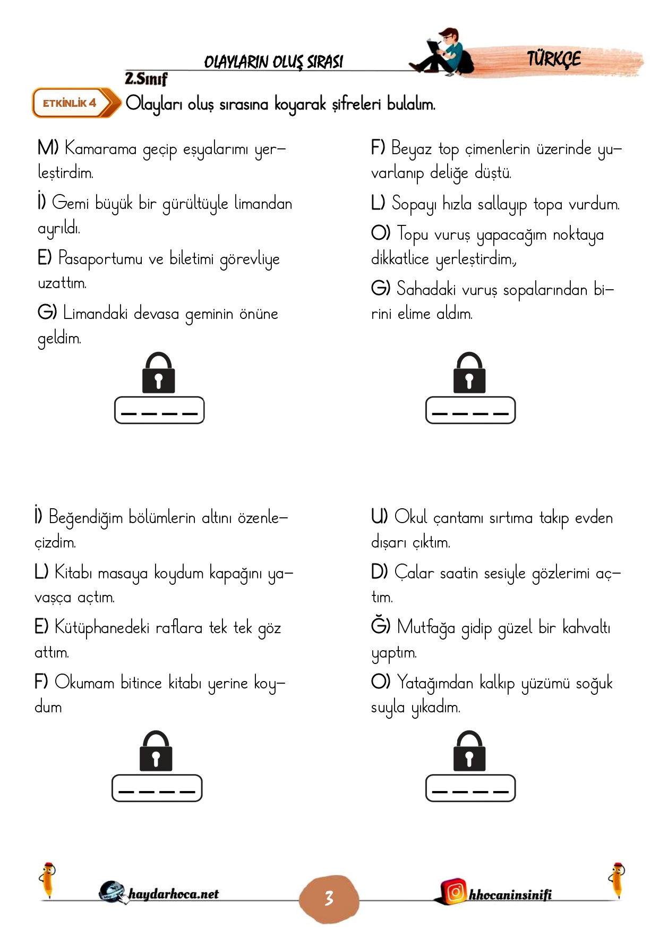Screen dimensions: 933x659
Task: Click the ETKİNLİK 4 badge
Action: tap(72, 103)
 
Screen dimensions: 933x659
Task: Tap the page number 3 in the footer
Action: tap(329, 898)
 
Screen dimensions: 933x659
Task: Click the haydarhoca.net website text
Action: tap(173, 894)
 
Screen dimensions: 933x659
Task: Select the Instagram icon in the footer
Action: tap(455, 892)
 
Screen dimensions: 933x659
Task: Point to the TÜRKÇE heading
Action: tap(554, 59)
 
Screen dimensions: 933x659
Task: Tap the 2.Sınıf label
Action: tap(146, 79)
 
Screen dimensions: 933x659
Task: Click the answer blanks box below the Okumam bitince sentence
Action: tap(157, 788)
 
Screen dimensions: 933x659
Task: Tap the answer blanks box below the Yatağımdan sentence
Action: tap(470, 788)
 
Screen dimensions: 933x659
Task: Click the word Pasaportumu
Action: tap(100, 259)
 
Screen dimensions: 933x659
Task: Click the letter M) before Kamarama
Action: tap(48, 148)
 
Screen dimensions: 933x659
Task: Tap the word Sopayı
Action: tap(413, 204)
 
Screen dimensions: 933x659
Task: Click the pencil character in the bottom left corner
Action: tap(48, 880)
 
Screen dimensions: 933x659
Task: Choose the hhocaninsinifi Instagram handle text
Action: tap(510, 895)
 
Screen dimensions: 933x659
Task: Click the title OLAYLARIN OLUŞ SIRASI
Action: tap(273, 62)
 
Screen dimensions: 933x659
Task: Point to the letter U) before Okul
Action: tap(379, 517)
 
